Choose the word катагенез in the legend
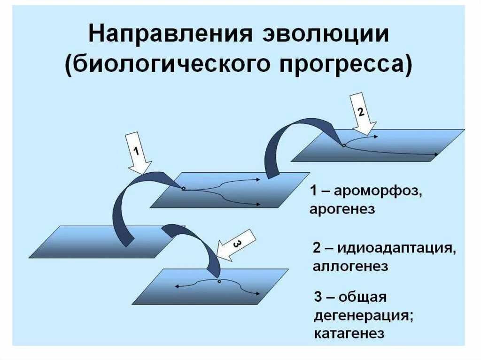pos(349,333)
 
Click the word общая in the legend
pos(362,298)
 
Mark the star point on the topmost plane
pos(344,146)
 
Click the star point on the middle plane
pos(184,189)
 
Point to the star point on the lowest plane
pos(219,281)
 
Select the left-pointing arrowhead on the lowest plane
pos(177,286)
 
